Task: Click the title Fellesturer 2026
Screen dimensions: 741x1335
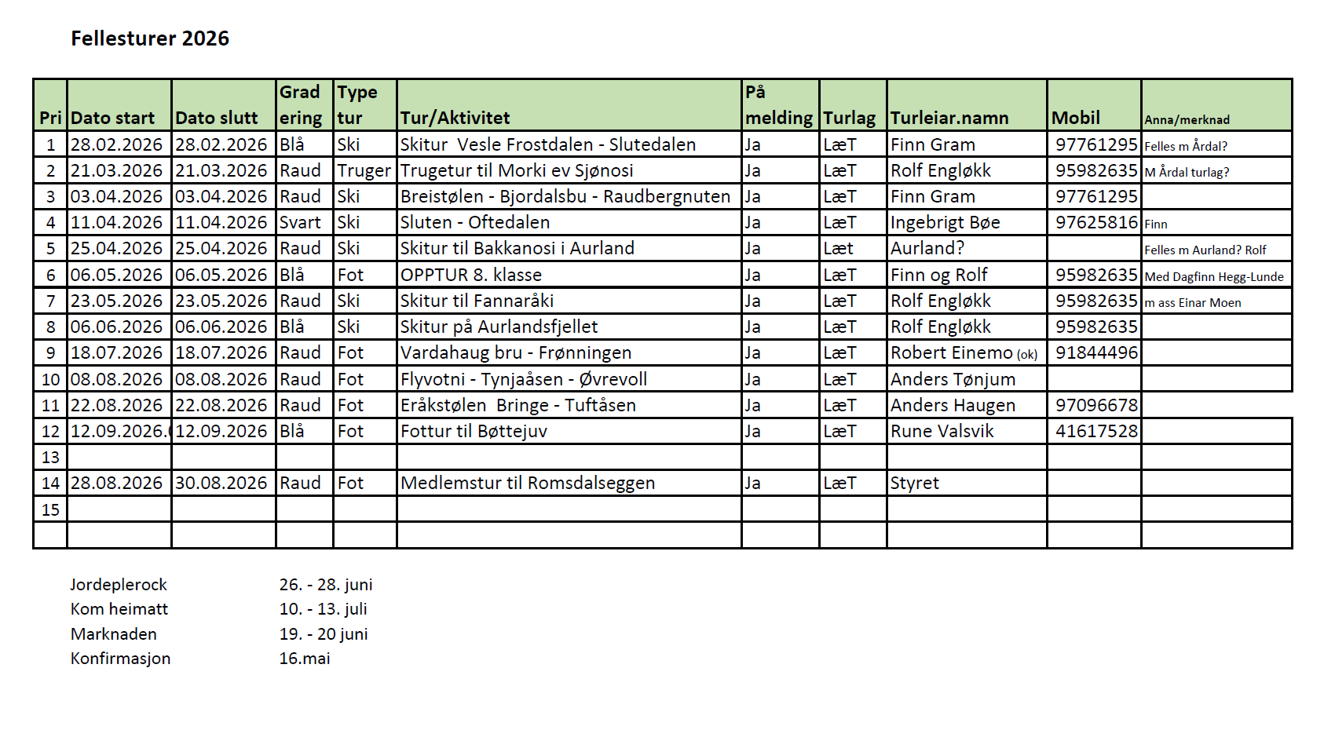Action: (x=150, y=38)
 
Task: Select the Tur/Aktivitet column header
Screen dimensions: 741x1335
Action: (x=455, y=118)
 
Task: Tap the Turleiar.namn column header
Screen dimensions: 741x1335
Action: (x=949, y=118)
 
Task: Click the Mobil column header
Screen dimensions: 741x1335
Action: (x=1076, y=118)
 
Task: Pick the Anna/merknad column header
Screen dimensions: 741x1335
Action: (x=1187, y=119)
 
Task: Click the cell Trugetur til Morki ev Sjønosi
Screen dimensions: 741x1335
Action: (x=516, y=170)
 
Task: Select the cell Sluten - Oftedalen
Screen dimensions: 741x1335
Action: (x=474, y=222)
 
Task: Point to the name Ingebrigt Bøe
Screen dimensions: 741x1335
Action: (x=945, y=222)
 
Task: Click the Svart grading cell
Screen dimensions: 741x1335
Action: (x=300, y=222)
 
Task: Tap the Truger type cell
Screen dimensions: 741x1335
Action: (x=364, y=170)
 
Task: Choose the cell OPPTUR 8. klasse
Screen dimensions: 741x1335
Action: (x=470, y=275)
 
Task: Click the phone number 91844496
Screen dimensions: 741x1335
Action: (x=1096, y=352)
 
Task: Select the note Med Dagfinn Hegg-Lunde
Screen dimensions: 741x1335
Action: (x=1214, y=276)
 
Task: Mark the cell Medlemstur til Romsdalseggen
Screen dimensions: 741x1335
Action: (x=527, y=483)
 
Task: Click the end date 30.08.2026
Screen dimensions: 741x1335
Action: (x=221, y=483)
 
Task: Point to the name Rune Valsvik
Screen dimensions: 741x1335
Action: (x=942, y=431)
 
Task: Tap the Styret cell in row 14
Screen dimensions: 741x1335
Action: (x=914, y=483)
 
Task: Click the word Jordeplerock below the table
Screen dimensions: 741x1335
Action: (x=119, y=584)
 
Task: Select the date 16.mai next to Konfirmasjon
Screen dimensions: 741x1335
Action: (x=305, y=658)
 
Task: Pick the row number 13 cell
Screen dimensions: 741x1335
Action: (x=50, y=457)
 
